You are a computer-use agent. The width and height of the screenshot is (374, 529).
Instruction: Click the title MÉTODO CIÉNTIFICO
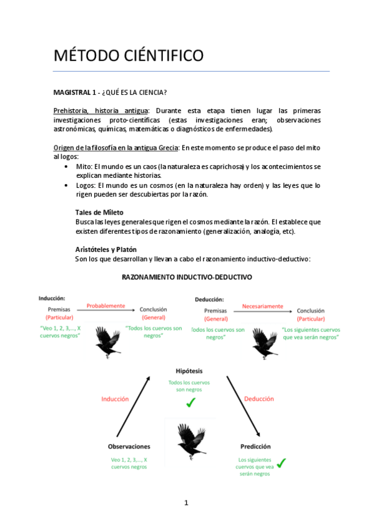coord(128,56)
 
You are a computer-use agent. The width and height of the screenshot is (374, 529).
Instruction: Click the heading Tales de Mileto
coord(99,212)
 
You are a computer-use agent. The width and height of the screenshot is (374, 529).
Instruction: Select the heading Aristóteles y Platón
coord(106,249)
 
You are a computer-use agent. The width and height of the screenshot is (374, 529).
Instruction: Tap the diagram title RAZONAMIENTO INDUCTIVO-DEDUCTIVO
coord(187,277)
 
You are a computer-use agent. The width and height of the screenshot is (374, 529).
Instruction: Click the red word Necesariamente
coord(262,306)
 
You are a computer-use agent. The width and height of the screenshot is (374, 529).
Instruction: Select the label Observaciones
coord(129,447)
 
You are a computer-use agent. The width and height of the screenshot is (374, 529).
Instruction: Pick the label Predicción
coord(255,447)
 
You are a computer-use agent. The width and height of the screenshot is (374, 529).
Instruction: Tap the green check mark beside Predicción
coord(282,463)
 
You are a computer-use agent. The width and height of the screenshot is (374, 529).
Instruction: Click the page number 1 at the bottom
coord(186,503)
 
